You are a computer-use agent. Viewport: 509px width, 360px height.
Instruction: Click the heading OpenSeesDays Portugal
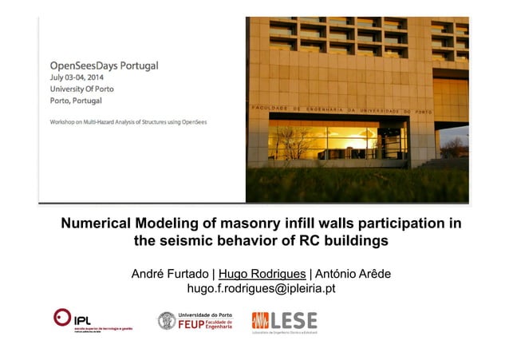pyautogui.click(x=105, y=65)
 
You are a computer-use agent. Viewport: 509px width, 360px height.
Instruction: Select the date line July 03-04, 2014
pyautogui.click(x=81, y=78)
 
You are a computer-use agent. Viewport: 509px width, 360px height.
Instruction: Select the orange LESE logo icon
pyautogui.click(x=260, y=321)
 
